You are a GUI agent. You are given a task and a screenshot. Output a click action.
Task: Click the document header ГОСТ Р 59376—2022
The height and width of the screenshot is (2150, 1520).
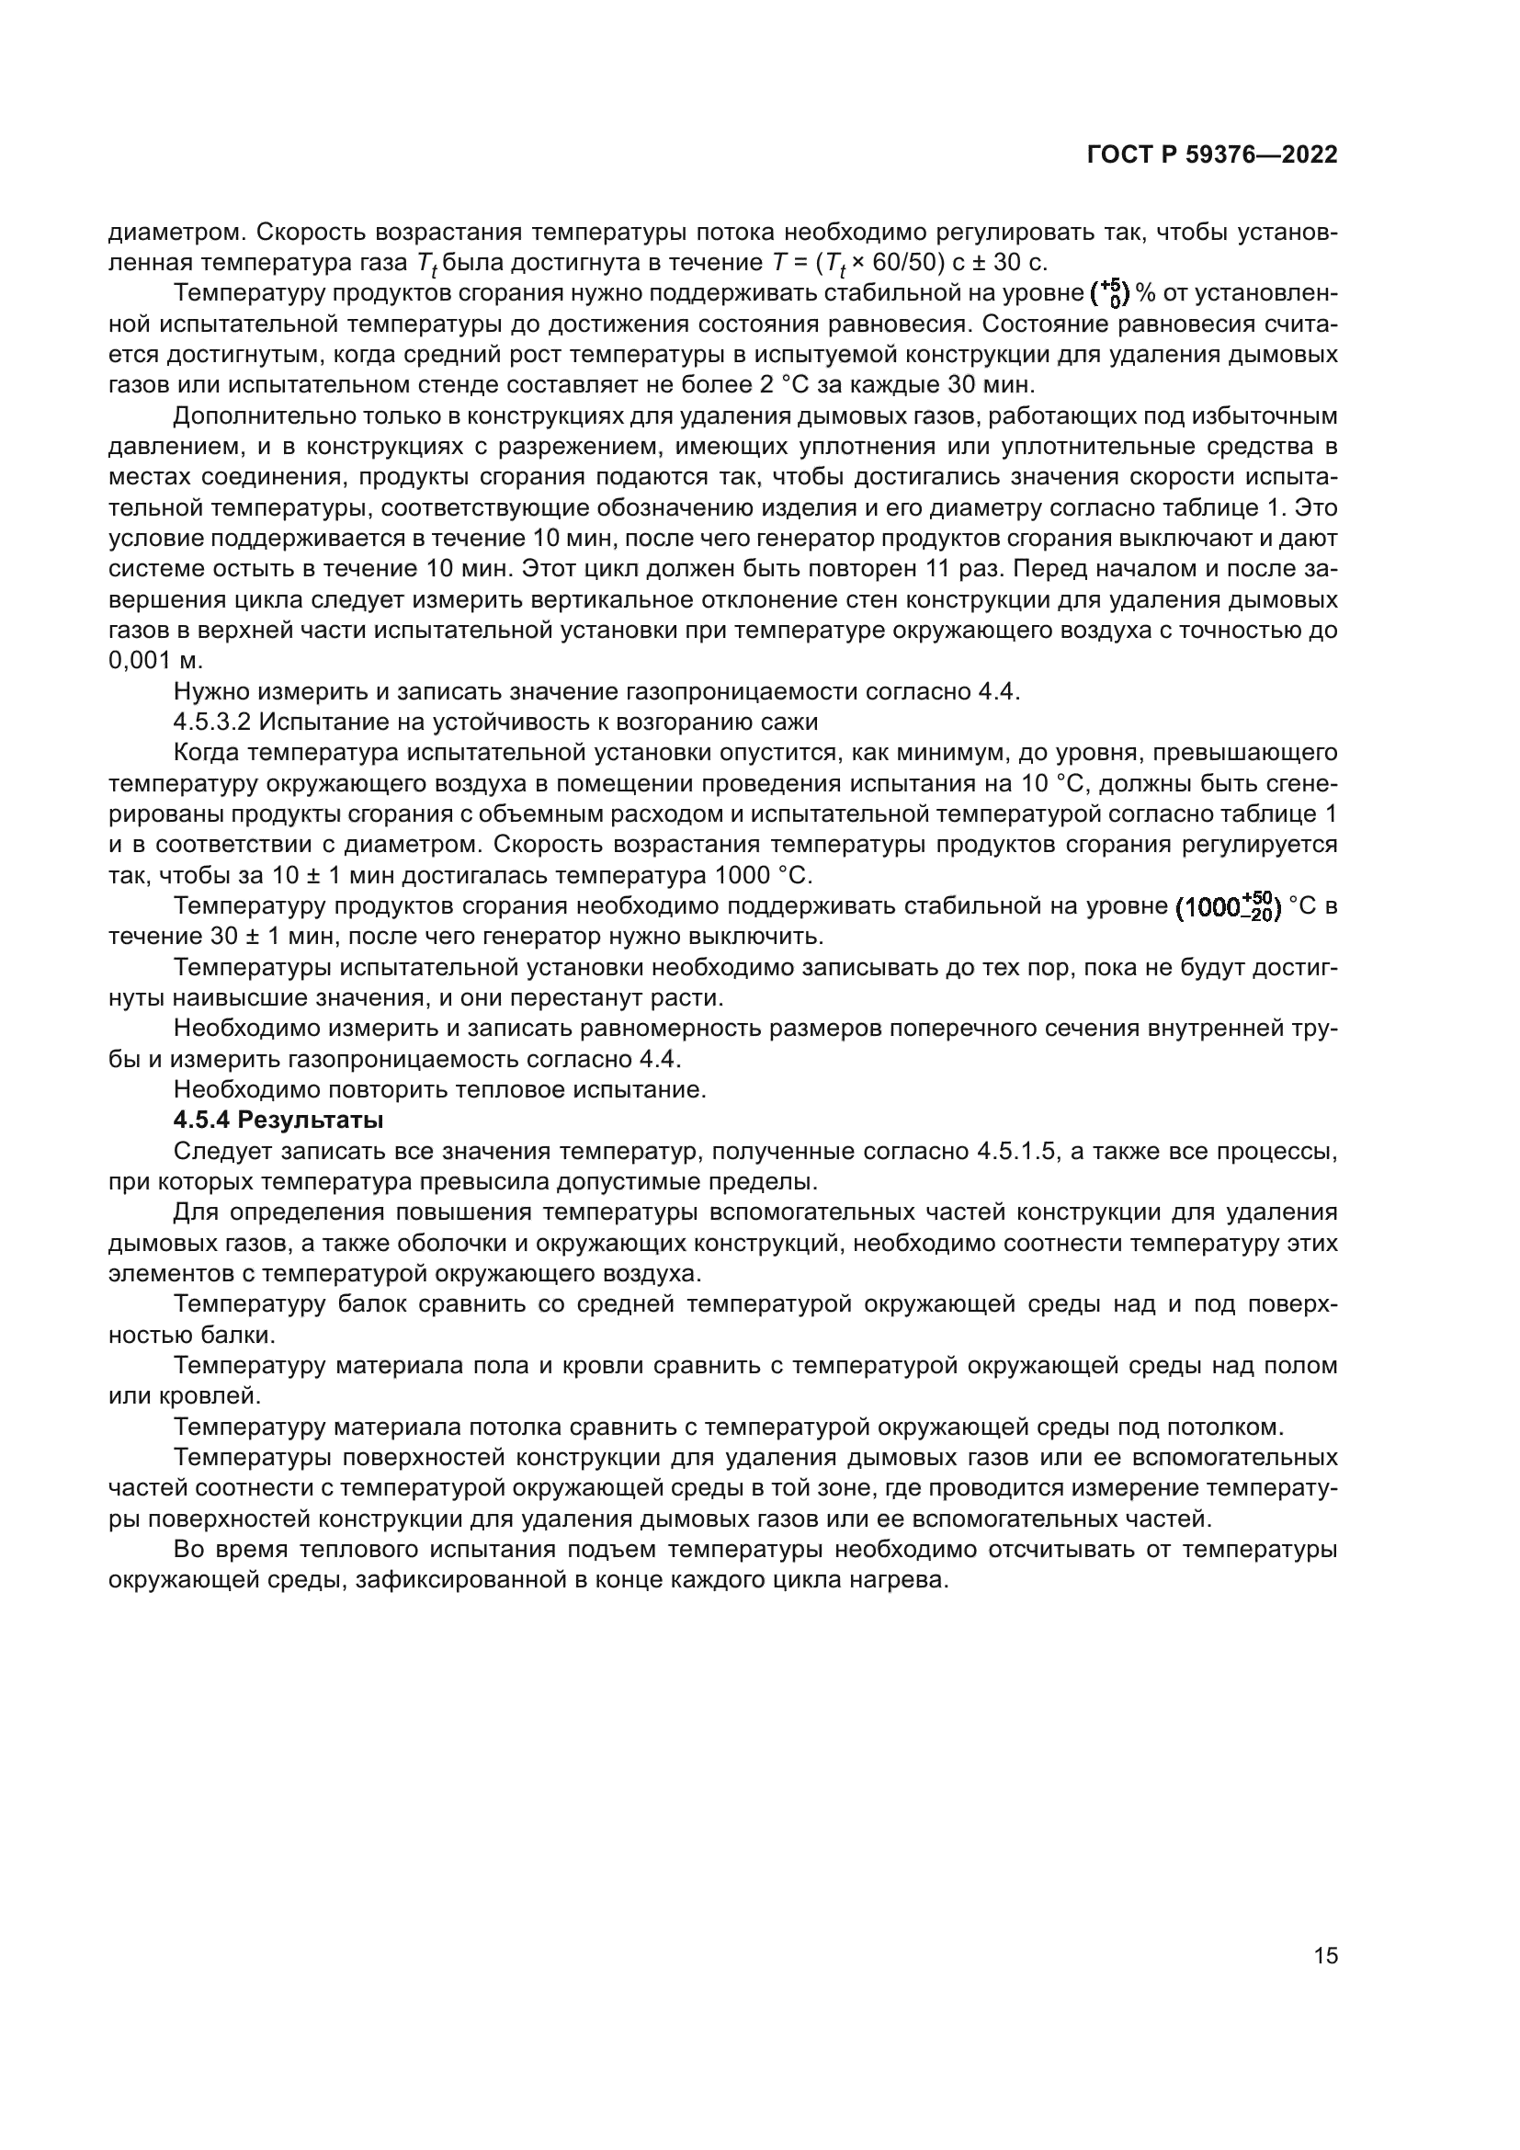1212,155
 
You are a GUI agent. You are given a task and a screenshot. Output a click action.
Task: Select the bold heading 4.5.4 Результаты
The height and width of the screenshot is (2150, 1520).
279,1120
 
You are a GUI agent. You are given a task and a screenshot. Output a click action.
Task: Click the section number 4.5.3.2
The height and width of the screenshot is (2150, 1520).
212,722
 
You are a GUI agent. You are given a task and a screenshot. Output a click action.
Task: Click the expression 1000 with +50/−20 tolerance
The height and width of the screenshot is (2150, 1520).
1228,907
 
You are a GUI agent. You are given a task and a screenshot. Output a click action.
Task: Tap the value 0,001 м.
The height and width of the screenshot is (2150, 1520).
155,661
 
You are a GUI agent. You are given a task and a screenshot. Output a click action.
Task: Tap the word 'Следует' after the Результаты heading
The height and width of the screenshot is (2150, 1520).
216,1151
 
